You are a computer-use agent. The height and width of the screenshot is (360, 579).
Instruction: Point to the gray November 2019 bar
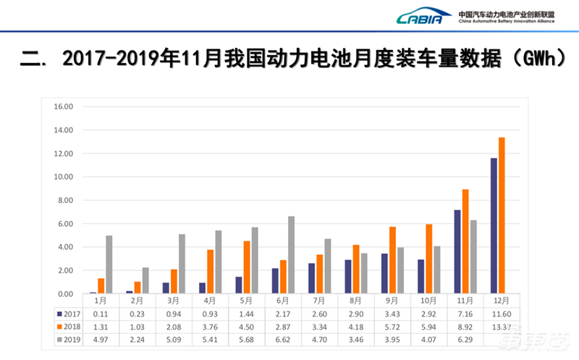coord(473,257)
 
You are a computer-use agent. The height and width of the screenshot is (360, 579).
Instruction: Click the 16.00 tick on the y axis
coord(64,106)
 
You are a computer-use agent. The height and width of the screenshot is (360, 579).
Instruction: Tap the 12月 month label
coord(502,301)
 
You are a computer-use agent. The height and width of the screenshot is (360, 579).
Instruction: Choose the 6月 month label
coord(283,301)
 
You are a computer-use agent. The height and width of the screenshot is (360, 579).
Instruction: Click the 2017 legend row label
coord(69,314)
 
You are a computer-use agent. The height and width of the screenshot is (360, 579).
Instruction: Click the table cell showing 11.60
coord(502,314)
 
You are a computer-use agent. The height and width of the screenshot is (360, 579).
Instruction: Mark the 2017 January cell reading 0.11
coord(101,314)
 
